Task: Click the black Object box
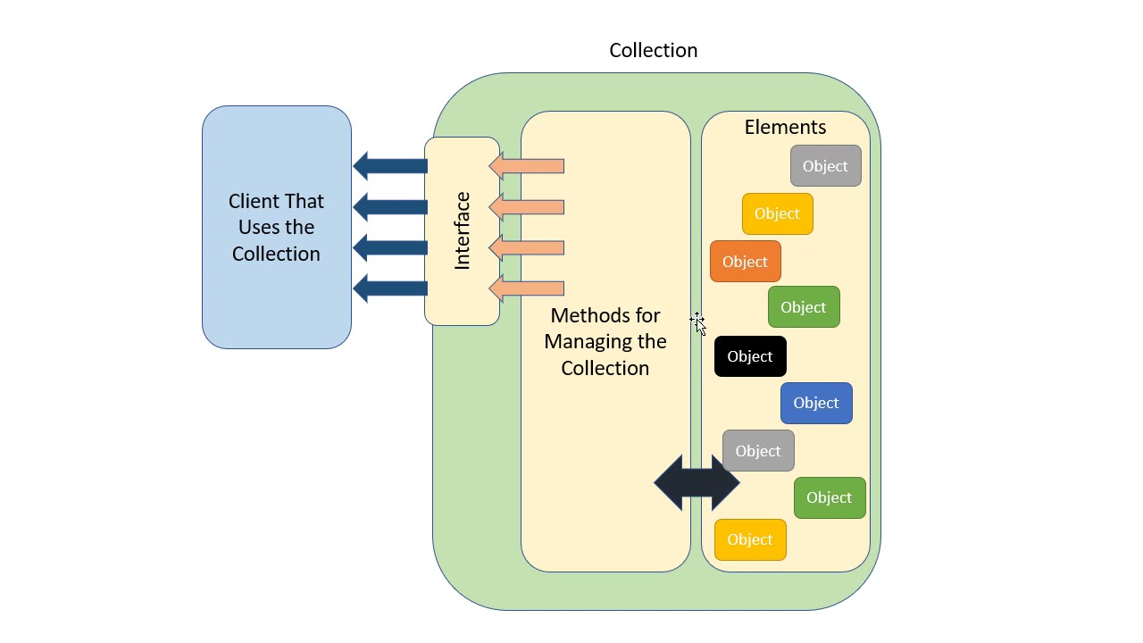pyautogui.click(x=750, y=356)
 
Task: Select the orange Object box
pyautogui.click(x=746, y=262)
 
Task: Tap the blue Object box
pyautogui.click(x=816, y=403)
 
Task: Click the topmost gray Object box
pyautogui.click(x=825, y=166)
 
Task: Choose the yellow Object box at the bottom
pyautogui.click(x=750, y=539)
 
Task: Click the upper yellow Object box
pyautogui.click(x=777, y=213)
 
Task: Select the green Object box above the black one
pyautogui.click(x=804, y=307)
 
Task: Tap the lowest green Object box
pyautogui.click(x=830, y=497)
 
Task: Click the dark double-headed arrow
pyautogui.click(x=697, y=483)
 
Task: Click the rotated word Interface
pyautogui.click(x=462, y=230)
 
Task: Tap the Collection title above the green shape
pyautogui.click(x=653, y=50)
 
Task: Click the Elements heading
pyautogui.click(x=785, y=127)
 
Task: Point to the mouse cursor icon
pyautogui.click(x=698, y=323)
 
